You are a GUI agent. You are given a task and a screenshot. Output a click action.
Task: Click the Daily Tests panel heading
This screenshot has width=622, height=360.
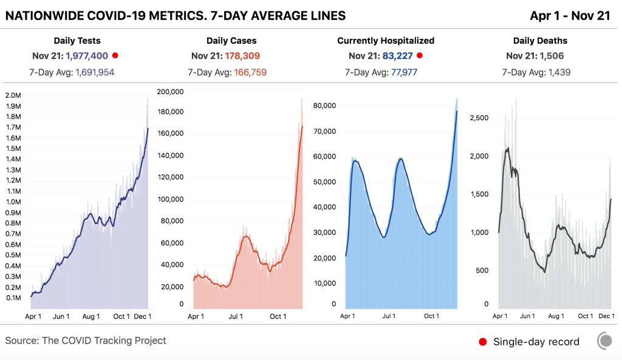77,41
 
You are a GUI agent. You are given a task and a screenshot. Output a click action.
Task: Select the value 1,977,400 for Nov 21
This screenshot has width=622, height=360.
87,56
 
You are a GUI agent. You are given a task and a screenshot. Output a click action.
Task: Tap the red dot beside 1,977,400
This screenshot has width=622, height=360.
115,55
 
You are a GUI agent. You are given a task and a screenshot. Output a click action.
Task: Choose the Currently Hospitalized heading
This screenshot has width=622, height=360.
386,41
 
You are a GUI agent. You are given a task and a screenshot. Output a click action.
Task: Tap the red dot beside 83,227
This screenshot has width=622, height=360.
419,55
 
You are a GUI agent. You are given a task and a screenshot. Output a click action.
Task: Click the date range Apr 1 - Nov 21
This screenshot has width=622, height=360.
570,16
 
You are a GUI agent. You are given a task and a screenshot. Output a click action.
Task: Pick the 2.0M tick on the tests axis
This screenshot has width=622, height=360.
13,95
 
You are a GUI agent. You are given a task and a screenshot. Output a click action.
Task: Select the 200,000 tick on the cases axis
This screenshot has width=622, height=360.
170,92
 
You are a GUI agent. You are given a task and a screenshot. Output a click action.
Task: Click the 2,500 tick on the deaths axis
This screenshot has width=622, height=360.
480,118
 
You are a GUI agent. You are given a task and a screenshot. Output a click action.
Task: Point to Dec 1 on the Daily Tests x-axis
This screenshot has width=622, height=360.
143,316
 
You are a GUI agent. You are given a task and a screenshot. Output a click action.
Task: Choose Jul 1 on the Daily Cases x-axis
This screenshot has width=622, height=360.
236,316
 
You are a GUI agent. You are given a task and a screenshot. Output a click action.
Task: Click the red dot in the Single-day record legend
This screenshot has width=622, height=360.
483,341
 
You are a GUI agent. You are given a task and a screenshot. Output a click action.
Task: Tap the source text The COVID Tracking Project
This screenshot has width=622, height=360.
104,341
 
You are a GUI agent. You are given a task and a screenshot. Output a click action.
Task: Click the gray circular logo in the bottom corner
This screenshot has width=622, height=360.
604,341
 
